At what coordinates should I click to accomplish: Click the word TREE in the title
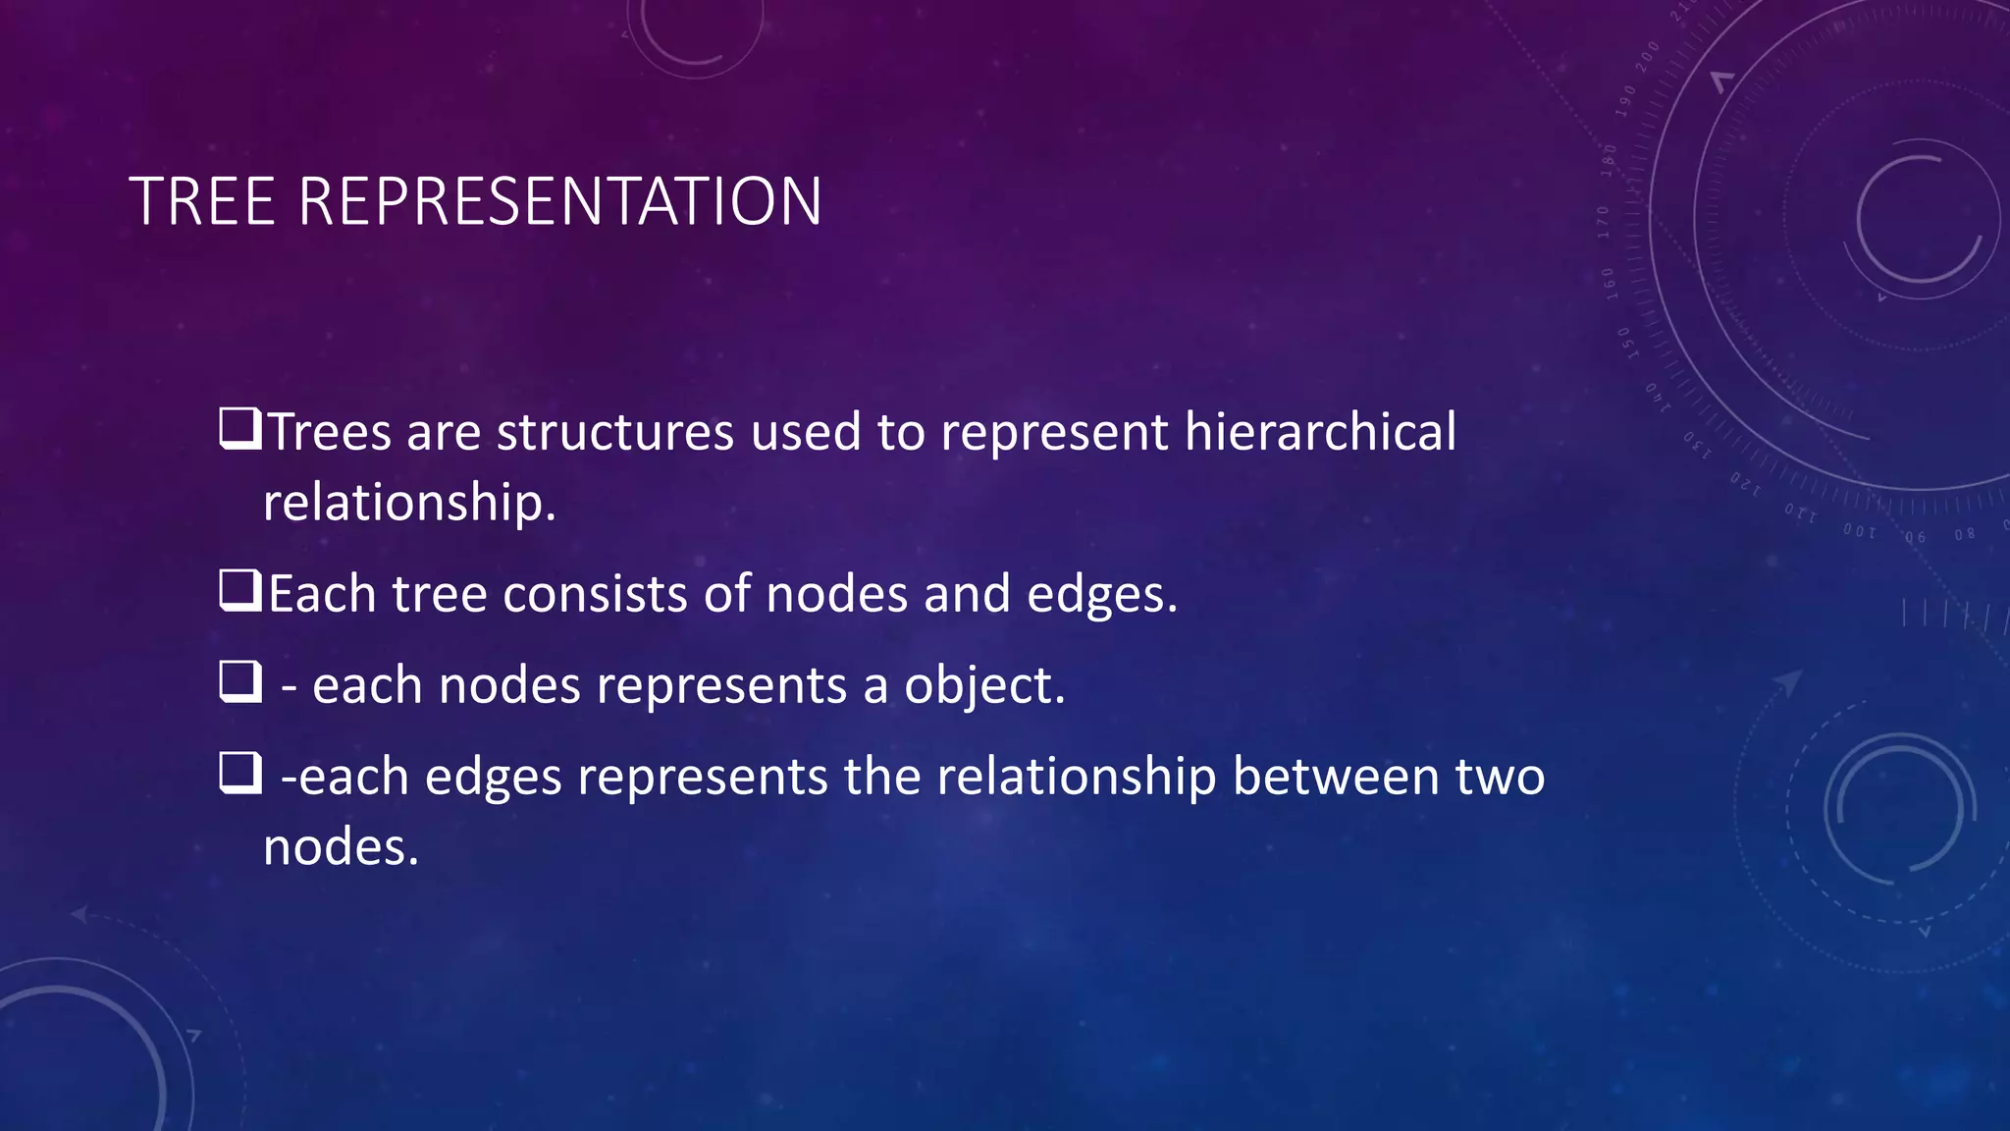[202, 202]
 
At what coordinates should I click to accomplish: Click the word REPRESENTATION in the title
[559, 202]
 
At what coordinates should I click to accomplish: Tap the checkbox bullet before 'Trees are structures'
[239, 429]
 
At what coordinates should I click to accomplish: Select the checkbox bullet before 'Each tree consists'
[239, 591]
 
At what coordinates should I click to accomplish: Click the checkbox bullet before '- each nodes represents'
[239, 681]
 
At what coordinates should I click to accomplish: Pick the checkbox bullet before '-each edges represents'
[239, 773]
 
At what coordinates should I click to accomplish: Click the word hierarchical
[1320, 432]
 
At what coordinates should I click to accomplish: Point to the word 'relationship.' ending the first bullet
[409, 503]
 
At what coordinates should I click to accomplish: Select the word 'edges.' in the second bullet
[1101, 596]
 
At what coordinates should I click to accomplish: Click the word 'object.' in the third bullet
[984, 685]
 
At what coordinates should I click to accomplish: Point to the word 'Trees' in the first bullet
[330, 432]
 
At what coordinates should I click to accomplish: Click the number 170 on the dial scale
[1604, 222]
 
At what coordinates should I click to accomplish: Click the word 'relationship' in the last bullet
[1077, 777]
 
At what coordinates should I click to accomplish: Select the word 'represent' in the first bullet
[1054, 433]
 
